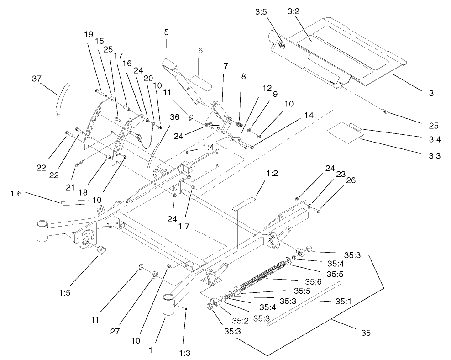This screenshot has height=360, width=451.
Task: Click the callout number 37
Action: pos(36,79)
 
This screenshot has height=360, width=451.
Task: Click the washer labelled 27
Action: pos(153,274)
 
